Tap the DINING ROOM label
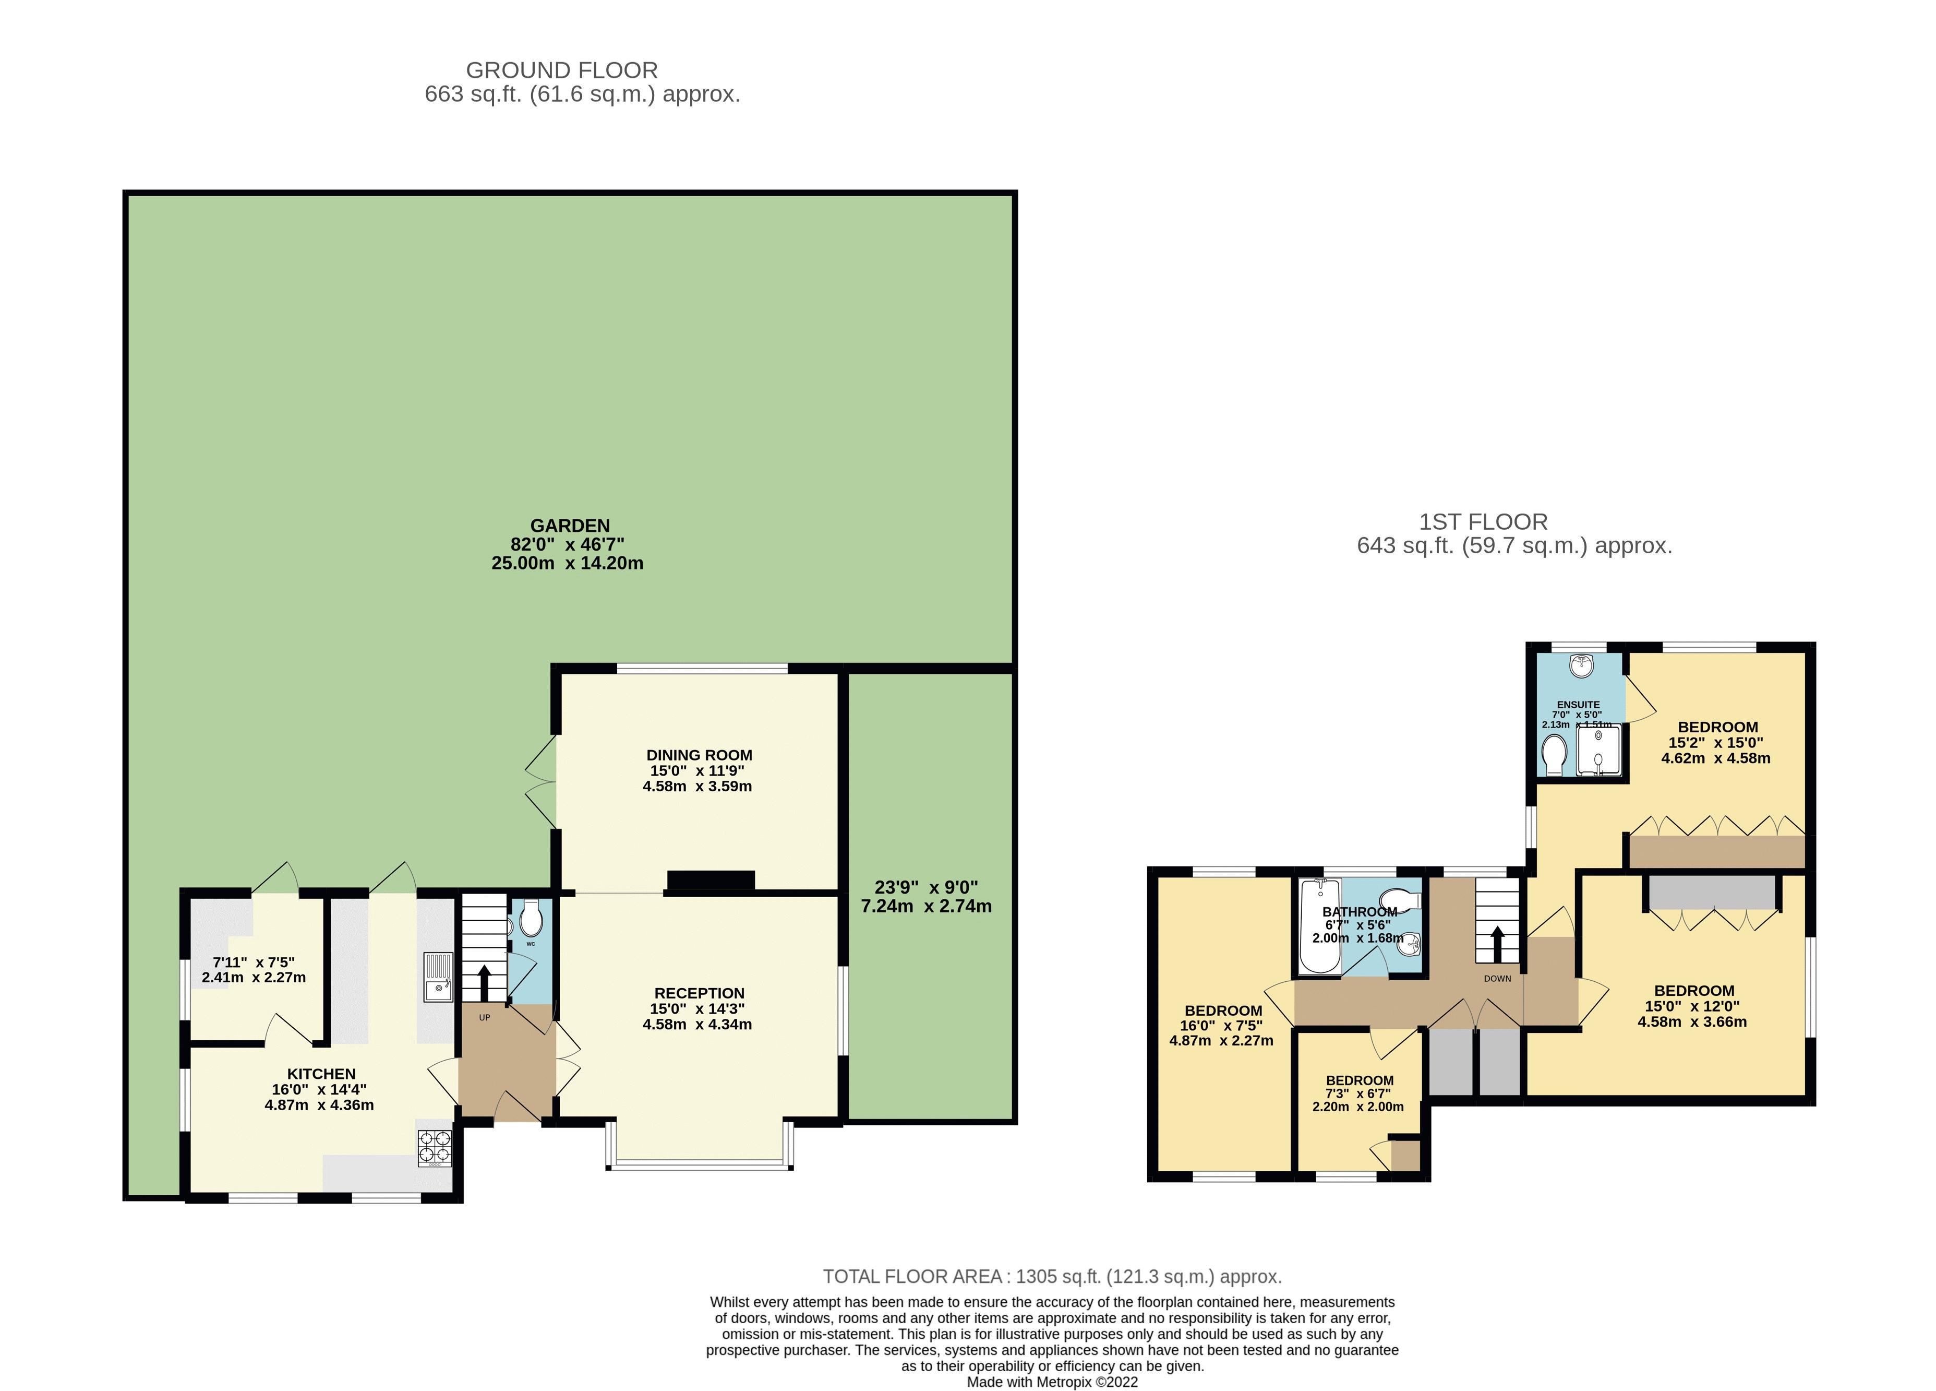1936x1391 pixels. coord(699,755)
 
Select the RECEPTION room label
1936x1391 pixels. coord(699,993)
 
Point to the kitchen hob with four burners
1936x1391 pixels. coord(435,1148)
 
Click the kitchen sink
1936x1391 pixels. coord(439,978)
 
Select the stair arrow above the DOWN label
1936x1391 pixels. coord(1497,944)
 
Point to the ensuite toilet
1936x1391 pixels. coord(1555,756)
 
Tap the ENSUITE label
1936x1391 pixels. coord(1578,705)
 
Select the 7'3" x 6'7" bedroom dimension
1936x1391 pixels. coord(1360,1094)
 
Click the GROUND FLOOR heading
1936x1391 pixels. coord(562,70)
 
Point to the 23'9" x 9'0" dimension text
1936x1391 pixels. coord(926,887)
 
